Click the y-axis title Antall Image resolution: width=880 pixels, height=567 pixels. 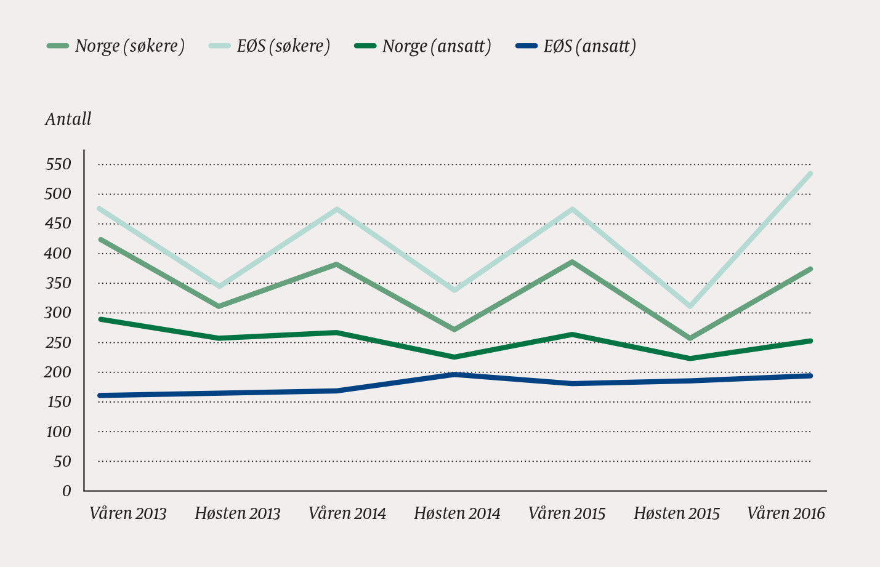pyautogui.click(x=68, y=119)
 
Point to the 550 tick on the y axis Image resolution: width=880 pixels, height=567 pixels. pyautogui.click(x=59, y=164)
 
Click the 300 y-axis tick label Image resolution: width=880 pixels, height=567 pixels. pyautogui.click(x=59, y=313)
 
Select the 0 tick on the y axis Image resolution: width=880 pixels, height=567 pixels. pyautogui.click(x=67, y=491)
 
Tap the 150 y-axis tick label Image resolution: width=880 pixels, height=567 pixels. pyautogui.click(x=59, y=402)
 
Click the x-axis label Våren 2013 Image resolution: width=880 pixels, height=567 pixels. pyautogui.click(x=128, y=513)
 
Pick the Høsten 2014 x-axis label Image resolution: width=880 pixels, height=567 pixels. pyautogui.click(x=457, y=513)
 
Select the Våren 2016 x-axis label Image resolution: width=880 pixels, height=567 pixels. pyautogui.click(x=786, y=513)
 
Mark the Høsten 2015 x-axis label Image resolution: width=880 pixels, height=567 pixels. pyautogui.click(x=676, y=513)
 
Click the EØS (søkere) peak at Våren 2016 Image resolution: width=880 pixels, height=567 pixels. pyautogui.click(x=810, y=174)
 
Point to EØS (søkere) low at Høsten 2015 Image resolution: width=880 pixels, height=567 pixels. pyautogui.click(x=690, y=306)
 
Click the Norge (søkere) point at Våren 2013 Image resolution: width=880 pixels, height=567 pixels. pyautogui.click(x=100, y=239)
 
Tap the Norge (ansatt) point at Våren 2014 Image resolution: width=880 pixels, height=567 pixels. pyautogui.click(x=336, y=332)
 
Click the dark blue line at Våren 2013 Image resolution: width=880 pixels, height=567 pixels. pyautogui.click(x=100, y=395)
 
